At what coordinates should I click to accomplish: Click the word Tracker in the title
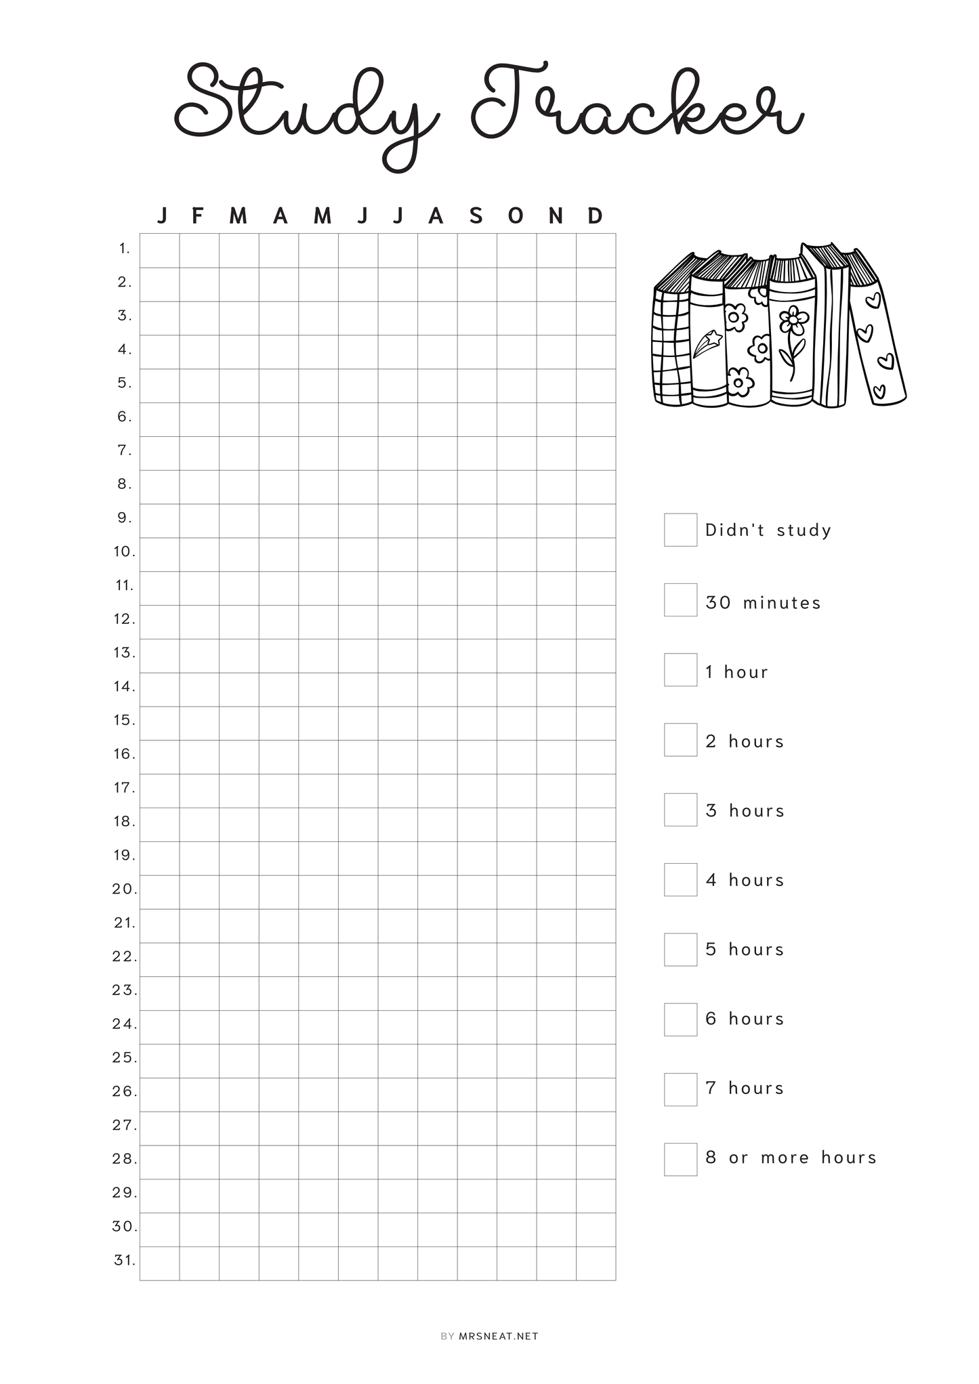click(x=637, y=105)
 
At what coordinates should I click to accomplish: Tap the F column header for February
click(x=198, y=216)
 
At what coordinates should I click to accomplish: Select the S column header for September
click(x=476, y=216)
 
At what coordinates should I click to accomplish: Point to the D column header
click(x=595, y=216)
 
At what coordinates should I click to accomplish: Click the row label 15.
click(x=125, y=720)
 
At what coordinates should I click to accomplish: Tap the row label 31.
click(x=125, y=1261)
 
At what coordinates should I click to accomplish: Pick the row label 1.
click(x=125, y=249)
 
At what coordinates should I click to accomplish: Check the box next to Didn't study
click(x=680, y=530)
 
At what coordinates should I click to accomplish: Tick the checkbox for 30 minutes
click(x=680, y=600)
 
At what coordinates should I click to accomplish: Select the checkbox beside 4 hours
click(x=680, y=879)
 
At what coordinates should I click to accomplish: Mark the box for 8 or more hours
click(x=680, y=1159)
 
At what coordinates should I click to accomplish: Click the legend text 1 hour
click(x=736, y=672)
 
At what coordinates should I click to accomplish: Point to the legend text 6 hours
click(x=744, y=1019)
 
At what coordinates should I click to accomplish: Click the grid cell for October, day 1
click(x=517, y=251)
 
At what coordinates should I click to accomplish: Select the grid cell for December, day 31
click(x=596, y=1263)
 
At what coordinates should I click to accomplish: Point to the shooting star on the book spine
click(x=706, y=342)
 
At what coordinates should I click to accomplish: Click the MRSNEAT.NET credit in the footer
click(x=498, y=1337)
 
